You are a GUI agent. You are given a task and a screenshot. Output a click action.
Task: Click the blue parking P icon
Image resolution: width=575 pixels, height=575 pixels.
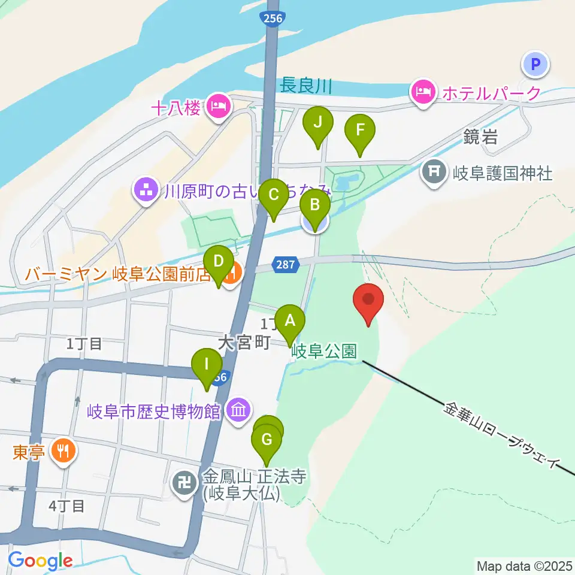pos(535,64)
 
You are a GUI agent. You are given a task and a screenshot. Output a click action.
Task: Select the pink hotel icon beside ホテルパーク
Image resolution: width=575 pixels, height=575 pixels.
pos(423,93)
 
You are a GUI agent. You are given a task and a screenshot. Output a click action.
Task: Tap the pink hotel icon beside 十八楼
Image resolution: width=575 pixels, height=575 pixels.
pos(217,107)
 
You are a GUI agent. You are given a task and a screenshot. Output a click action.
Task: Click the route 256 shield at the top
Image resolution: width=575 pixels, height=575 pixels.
pos(272,19)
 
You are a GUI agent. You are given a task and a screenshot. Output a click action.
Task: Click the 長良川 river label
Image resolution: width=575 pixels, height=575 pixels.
pos(305,86)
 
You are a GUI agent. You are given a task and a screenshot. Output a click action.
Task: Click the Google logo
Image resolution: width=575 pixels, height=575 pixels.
pos(40,561)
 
